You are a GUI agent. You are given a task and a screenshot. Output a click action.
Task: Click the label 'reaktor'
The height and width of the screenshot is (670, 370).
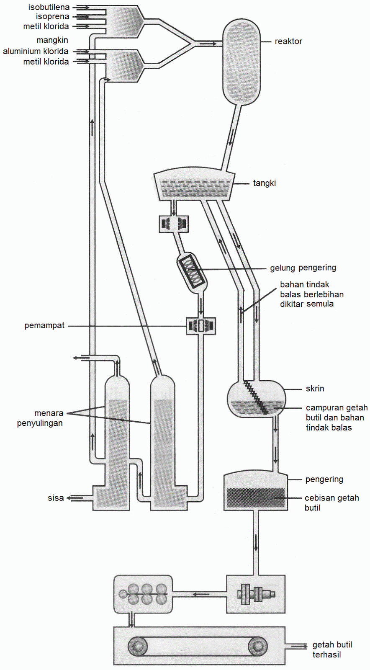coord(288,41)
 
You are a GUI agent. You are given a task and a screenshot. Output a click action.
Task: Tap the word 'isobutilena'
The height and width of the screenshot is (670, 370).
coord(49,7)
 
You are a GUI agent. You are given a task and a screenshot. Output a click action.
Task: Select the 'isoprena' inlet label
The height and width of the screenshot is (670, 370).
coord(53,16)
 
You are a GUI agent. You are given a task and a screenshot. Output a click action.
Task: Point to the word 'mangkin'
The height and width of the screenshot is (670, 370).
coord(52,40)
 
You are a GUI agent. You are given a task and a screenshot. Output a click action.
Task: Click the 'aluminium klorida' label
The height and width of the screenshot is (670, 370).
coord(36,51)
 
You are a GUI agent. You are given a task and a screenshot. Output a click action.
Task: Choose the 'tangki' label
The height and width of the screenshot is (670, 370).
coord(265,183)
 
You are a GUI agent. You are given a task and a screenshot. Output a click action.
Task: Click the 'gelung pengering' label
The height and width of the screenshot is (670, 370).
coord(303,268)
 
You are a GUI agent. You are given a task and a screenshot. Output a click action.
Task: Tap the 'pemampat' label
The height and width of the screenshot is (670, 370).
coord(44,325)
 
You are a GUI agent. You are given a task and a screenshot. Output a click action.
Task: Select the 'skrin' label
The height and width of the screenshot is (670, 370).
coord(315,389)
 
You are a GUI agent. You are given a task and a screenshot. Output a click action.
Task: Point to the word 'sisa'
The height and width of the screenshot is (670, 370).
coord(56,498)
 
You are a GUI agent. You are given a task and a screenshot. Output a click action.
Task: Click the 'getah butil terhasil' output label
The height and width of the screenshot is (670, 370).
coord(332,649)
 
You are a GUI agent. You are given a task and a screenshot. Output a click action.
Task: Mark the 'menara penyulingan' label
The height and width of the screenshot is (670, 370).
coord(40,418)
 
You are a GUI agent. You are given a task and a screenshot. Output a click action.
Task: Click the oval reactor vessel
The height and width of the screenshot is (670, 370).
coord(242,62)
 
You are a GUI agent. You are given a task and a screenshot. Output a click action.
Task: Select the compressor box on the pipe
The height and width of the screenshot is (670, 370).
coord(201,326)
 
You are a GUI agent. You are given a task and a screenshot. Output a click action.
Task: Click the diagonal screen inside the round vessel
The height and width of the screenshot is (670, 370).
coord(256,397)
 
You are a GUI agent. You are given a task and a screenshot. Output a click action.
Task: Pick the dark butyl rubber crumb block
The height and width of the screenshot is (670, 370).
coord(256,498)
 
